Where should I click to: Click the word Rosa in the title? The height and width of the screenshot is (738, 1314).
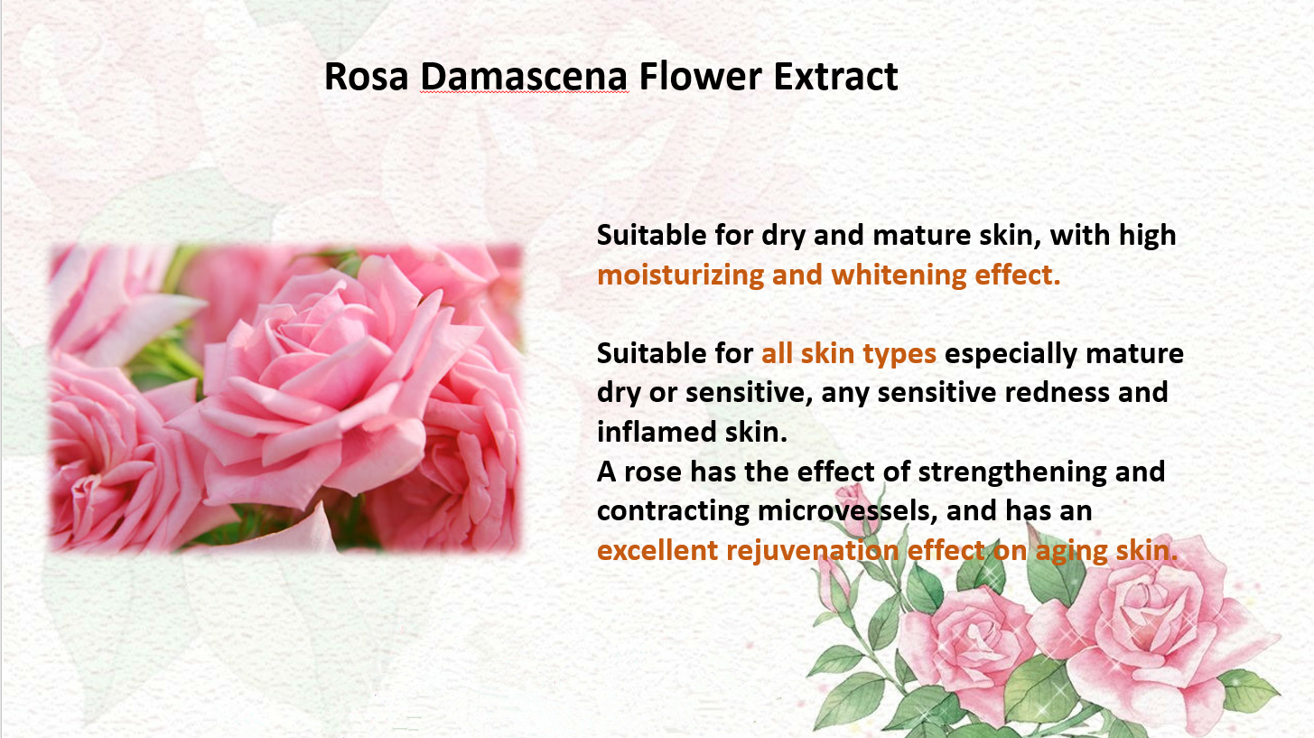[366, 76]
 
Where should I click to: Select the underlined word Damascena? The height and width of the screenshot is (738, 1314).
[524, 76]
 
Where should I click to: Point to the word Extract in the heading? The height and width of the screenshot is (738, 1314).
[836, 76]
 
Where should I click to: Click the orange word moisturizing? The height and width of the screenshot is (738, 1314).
[680, 276]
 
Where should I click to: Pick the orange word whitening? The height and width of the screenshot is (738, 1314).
[899, 276]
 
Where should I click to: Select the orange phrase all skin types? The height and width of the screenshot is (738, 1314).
[849, 354]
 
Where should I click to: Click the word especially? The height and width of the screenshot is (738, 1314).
[1011, 354]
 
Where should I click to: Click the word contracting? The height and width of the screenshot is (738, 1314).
[673, 511]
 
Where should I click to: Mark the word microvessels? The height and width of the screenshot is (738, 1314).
[844, 511]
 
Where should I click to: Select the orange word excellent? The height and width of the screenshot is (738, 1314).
[657, 550]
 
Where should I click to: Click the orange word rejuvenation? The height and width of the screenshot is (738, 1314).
[813, 551]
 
